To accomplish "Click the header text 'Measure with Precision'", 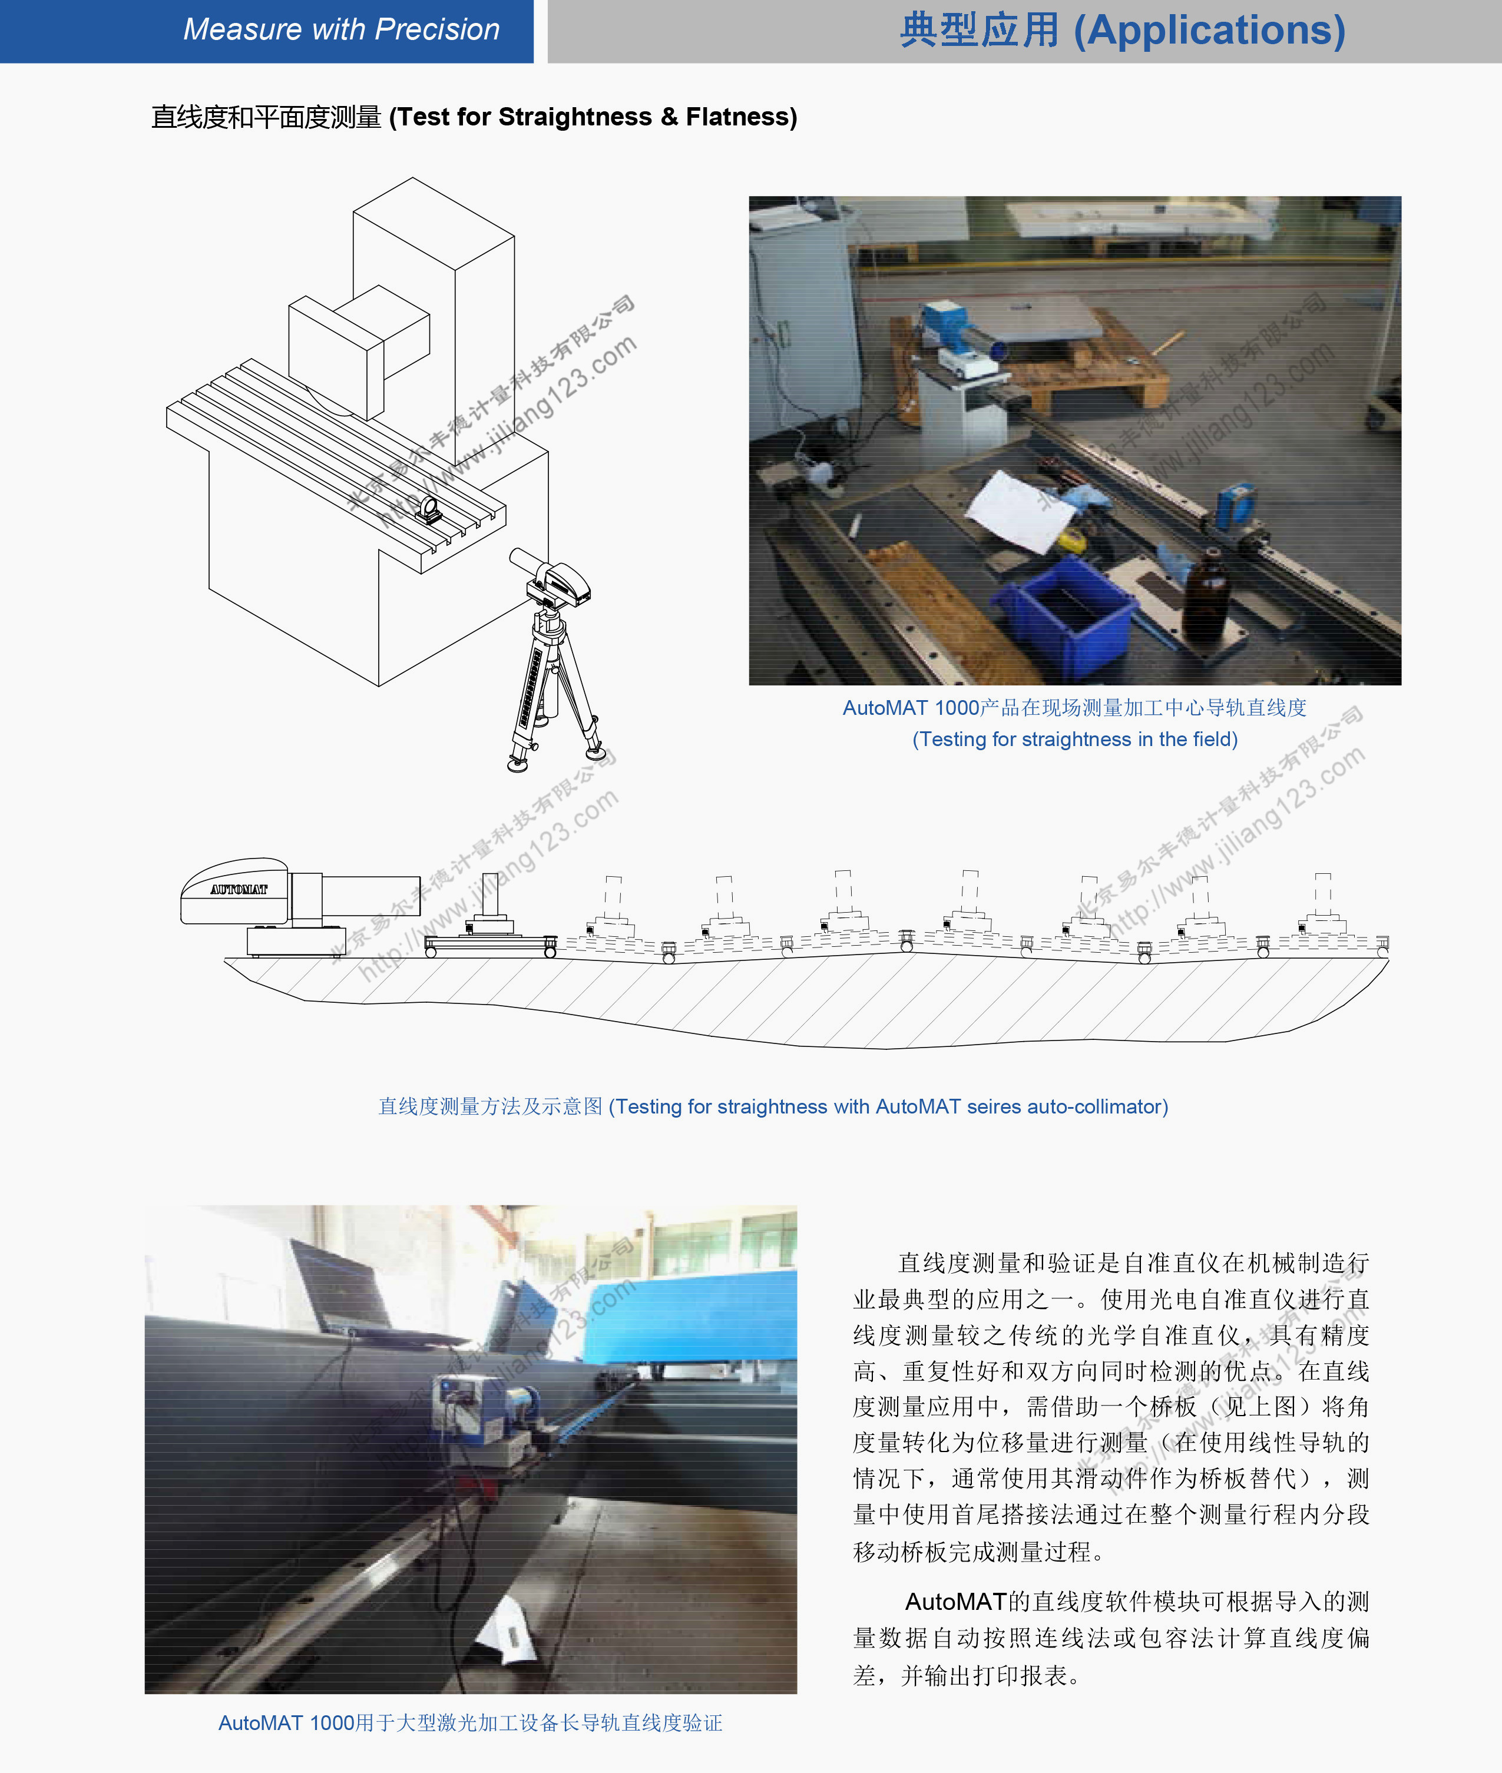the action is [x=342, y=30].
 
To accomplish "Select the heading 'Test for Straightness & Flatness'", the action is [x=593, y=117].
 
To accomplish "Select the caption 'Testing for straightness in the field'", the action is [x=1074, y=739].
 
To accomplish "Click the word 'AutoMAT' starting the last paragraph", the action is [x=955, y=1602].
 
